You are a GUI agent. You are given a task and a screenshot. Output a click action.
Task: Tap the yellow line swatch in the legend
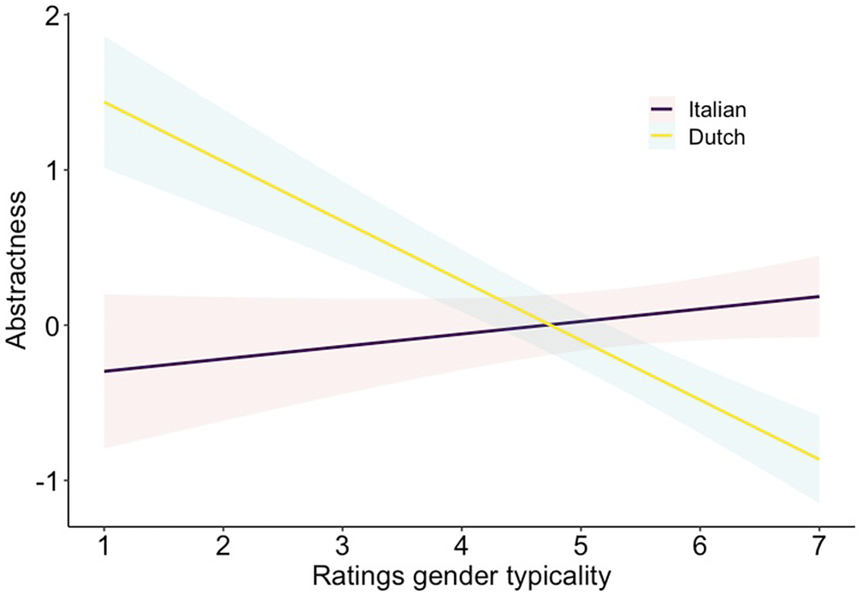663,137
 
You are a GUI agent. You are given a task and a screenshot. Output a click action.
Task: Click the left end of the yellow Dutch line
104,102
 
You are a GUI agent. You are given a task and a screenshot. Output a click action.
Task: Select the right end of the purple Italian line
819,296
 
